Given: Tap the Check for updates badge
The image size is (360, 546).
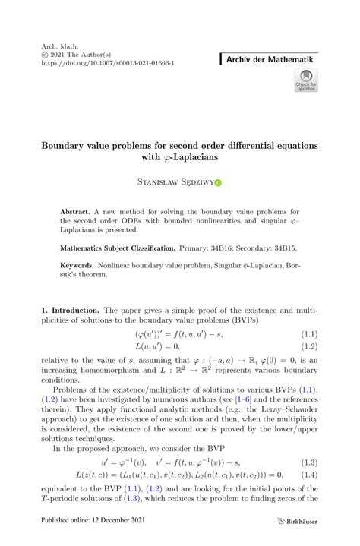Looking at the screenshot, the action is pyautogui.click(x=306, y=80).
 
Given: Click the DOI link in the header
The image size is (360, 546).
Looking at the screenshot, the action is pyautogui.click(x=109, y=64).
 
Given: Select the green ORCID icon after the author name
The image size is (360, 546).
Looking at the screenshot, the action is pyautogui.click(x=219, y=183).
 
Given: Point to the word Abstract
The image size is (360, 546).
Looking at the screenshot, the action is pyautogui.click(x=75, y=210).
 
